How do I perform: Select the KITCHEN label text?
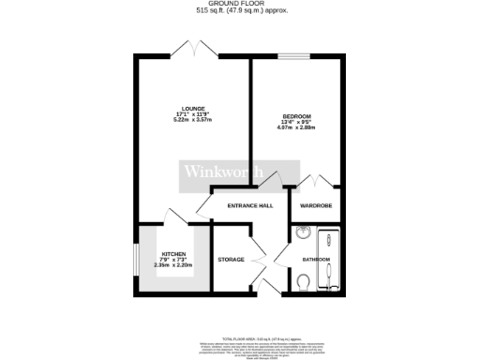[x=173, y=253]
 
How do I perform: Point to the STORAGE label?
[x=231, y=259]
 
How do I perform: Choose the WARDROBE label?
[x=316, y=204]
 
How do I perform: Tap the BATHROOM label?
[x=316, y=259]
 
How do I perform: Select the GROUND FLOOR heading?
[x=240, y=4]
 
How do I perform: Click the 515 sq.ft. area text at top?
[x=240, y=11]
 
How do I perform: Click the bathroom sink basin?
[x=303, y=234]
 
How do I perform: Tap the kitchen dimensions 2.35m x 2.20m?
[x=173, y=265]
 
